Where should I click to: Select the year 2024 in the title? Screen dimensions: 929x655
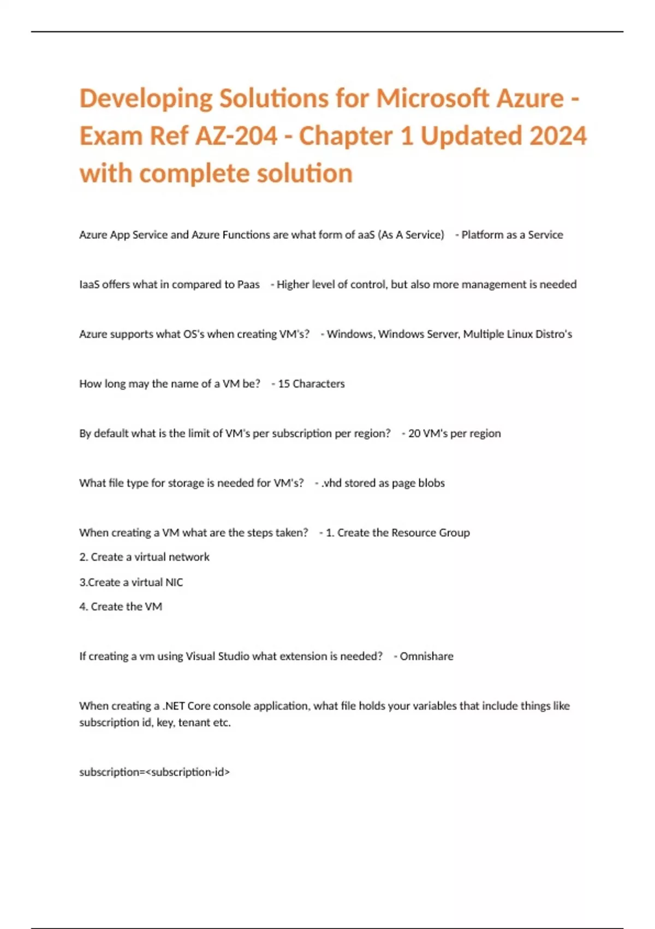tap(557, 136)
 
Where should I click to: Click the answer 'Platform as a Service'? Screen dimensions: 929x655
tap(512, 235)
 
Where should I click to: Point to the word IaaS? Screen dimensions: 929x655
tap(90, 285)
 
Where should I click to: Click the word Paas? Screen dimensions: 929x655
tap(248, 285)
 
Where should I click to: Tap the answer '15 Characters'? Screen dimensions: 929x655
tap(311, 384)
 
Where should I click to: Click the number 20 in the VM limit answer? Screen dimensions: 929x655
tap(414, 434)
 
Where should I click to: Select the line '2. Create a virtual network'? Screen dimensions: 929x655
tap(145, 557)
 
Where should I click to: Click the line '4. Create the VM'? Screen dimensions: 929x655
tap(121, 607)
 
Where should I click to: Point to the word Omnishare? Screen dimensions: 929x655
tap(426, 656)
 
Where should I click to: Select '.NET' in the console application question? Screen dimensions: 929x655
tap(174, 706)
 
